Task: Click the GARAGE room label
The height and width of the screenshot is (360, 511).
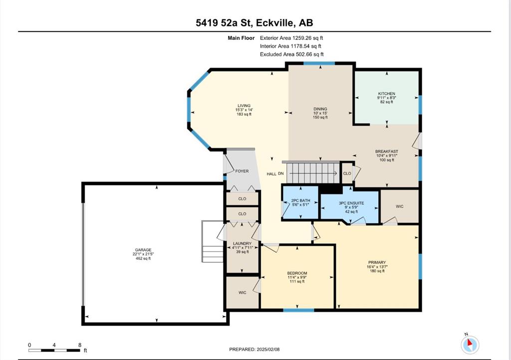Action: point(143,250)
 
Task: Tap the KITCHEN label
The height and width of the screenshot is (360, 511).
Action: point(387,94)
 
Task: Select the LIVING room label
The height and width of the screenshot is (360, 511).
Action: point(244,106)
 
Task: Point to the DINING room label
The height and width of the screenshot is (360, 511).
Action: point(320,109)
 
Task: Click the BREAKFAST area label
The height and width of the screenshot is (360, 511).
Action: point(387,152)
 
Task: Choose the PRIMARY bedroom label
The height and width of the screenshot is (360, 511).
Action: point(377,262)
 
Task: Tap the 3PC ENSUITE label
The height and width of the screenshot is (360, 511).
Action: point(351,203)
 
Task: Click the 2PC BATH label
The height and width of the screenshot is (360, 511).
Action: point(300,200)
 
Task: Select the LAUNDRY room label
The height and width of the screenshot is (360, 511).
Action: point(242,243)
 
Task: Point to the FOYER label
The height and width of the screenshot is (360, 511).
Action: point(242,171)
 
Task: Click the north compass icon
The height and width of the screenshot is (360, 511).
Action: point(470,344)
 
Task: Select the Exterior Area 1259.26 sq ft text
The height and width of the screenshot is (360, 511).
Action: point(291,38)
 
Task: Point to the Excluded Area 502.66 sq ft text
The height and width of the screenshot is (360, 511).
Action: point(291,54)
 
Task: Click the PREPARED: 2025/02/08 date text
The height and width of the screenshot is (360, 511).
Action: point(254,349)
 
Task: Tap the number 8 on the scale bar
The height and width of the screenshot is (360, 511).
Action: point(79,345)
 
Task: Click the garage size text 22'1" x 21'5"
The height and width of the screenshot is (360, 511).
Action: point(143,254)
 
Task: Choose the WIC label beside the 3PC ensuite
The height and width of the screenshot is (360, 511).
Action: point(400,206)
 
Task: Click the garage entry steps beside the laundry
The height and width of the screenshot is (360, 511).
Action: point(213,241)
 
